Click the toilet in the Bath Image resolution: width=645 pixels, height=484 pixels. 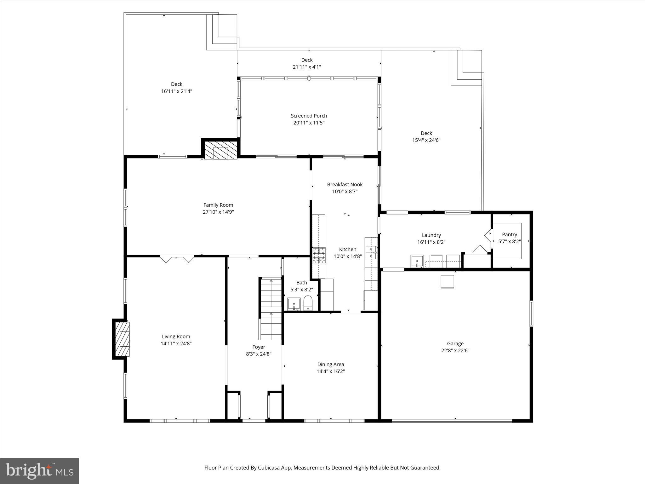tap(308, 303)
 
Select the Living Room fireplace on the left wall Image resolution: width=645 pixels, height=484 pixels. tap(123, 339)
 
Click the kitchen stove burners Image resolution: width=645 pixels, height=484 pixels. tap(319, 256)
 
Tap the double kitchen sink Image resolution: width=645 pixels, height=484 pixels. tap(371, 252)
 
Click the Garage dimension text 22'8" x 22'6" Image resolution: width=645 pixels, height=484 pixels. tap(455, 350)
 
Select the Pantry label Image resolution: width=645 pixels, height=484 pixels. tap(509, 234)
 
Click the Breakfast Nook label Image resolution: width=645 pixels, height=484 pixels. tap(345, 184)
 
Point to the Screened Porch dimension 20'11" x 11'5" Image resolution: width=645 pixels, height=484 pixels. tap(309, 123)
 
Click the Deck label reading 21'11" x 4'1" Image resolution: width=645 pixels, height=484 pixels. tap(307, 67)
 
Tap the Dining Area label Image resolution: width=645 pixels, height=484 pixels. tap(330, 364)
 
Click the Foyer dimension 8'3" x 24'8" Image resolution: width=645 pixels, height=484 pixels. tap(259, 354)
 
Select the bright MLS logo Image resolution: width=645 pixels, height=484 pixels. tap(39, 471)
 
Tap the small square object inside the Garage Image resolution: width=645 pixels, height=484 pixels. tap(447, 282)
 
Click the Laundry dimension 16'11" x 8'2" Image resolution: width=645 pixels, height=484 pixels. tap(431, 242)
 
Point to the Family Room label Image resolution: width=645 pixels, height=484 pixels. tap(218, 205)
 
